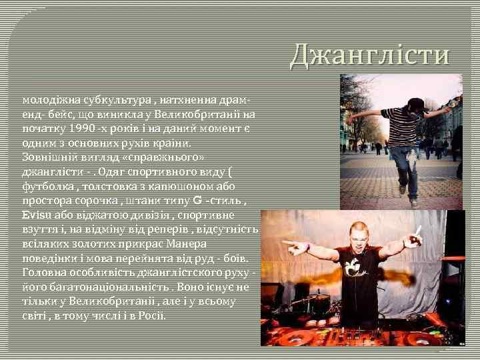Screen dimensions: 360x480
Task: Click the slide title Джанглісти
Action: click(x=369, y=55)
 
